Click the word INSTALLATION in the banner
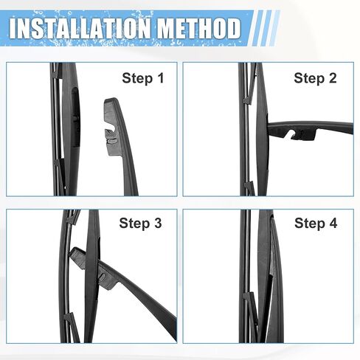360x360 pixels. tap(80, 28)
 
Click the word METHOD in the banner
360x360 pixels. tap(199, 28)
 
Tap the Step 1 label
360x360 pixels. tap(143, 79)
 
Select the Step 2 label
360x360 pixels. tap(315, 79)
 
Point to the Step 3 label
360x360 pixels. tap(140, 224)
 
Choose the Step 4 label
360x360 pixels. tap(316, 224)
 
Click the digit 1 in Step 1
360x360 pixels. tap(161, 78)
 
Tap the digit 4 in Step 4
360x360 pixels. tap(333, 223)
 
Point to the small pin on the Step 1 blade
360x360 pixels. tap(75, 119)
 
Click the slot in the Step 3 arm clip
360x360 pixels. tap(103, 277)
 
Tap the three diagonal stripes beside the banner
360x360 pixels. tap(266, 28)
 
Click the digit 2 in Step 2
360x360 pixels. tap(333, 78)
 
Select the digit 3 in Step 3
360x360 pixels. tap(158, 223)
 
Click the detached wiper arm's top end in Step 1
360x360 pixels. tap(111, 100)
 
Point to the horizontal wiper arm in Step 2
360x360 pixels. tap(311, 129)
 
